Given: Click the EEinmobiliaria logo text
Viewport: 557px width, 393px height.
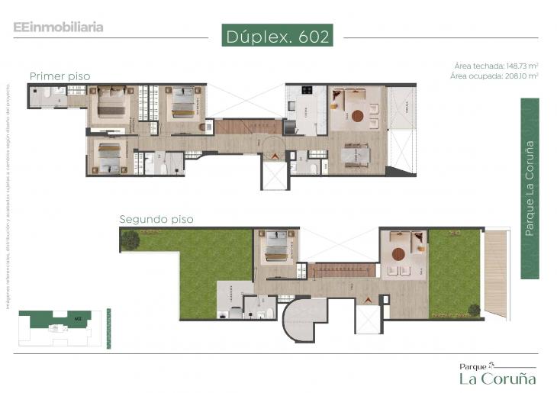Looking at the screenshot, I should point(58,27).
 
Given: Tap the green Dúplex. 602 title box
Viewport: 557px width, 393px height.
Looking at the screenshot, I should point(278,36).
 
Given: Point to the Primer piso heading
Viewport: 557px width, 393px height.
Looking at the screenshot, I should point(60,76).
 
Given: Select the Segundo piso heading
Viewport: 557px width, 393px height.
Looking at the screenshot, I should point(156,219).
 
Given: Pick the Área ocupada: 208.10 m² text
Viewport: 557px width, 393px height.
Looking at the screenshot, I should point(494,76).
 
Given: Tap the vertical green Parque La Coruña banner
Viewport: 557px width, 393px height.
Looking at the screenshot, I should point(530,188).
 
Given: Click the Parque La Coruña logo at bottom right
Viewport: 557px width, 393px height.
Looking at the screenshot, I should point(497,374).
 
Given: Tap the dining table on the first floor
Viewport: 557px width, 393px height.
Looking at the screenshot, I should point(356,155).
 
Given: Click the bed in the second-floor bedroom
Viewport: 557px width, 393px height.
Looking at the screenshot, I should point(275,245).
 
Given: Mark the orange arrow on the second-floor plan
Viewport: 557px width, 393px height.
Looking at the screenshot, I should point(369,299).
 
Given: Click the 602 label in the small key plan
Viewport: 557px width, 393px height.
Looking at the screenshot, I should point(78,318).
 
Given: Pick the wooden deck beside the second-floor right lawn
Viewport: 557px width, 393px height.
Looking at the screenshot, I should point(496,272).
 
